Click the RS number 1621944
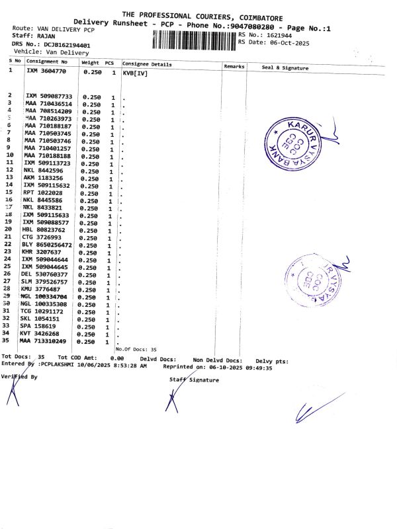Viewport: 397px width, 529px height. [x=278, y=34]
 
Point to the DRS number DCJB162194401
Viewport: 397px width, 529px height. [x=67, y=44]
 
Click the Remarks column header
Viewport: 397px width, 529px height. [x=234, y=67]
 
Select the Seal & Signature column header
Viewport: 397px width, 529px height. [x=285, y=67]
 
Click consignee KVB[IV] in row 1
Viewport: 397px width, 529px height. [x=134, y=72]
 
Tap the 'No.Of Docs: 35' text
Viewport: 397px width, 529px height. [x=136, y=348]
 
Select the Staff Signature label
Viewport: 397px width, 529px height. [x=194, y=380]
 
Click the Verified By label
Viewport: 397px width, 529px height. [x=19, y=376]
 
